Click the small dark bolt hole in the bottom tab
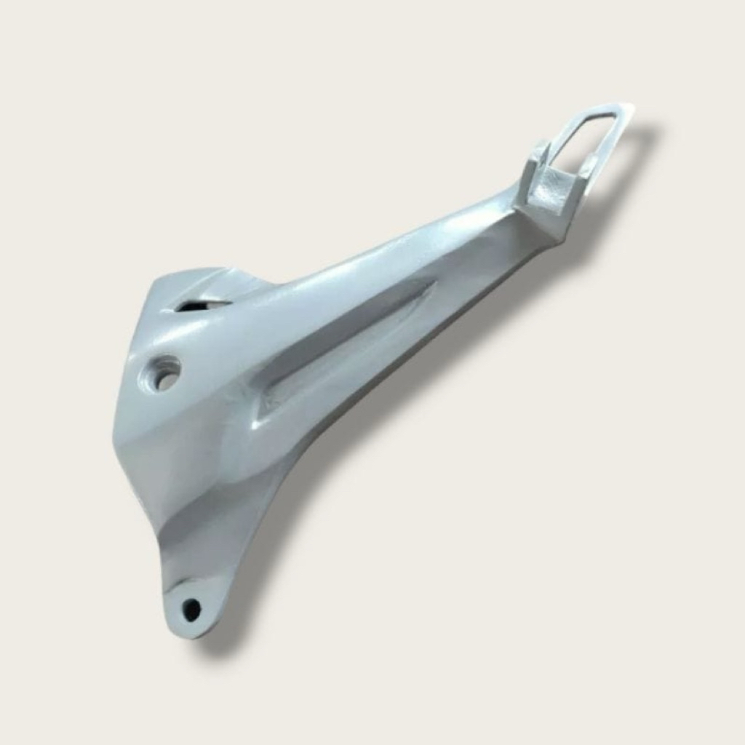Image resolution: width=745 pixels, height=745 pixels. (x=191, y=608)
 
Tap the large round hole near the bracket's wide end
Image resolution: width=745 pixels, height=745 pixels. (x=165, y=374)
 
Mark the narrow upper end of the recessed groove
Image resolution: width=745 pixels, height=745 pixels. (x=429, y=287)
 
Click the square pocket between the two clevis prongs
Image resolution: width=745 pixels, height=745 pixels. (x=551, y=190)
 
